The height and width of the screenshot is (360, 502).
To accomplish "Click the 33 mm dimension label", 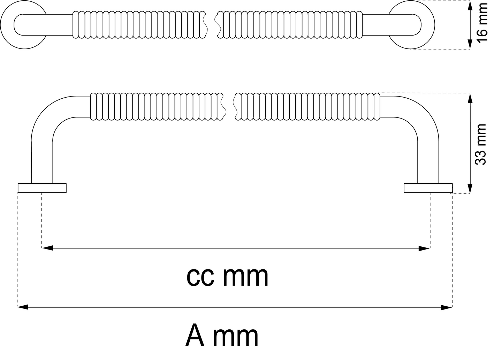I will tap(481, 144).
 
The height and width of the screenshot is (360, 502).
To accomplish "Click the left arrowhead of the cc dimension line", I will tap(47, 248).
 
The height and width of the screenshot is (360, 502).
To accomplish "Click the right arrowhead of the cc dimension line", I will tap(424, 248).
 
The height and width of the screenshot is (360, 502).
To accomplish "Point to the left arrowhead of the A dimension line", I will tap(23, 307).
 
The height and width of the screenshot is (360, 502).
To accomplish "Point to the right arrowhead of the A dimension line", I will tap(447, 307).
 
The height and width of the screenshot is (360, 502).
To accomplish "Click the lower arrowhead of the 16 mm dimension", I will tap(471, 44).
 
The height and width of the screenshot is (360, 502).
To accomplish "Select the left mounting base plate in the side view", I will tap(42, 188).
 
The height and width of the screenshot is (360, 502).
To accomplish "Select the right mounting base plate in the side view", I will tap(428, 188).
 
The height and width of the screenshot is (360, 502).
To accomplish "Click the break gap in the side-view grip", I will tap(228, 106).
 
